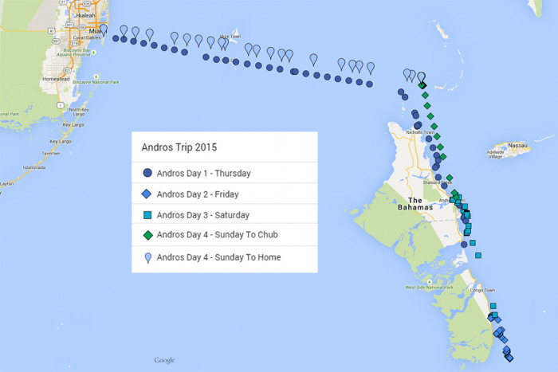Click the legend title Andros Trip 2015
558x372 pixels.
pyautogui.click(x=179, y=147)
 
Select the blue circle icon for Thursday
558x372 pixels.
pyautogui.click(x=147, y=173)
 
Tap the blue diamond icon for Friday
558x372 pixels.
pyautogui.click(x=147, y=194)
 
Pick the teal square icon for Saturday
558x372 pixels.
pyautogui.click(x=147, y=215)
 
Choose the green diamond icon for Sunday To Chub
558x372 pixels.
pyautogui.click(x=147, y=236)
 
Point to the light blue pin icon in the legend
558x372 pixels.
pyautogui.click(x=147, y=256)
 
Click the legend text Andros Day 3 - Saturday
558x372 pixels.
pyautogui.click(x=203, y=215)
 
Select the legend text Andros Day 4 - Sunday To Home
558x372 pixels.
pyautogui.click(x=218, y=257)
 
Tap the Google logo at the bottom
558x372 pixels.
pyautogui.click(x=164, y=360)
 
